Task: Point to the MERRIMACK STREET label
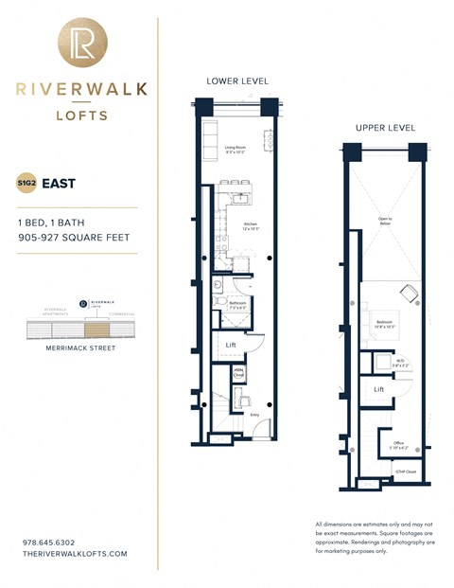[80, 348]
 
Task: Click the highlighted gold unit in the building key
[96, 330]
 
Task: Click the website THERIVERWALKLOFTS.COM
[74, 553]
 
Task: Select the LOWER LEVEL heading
[236, 80]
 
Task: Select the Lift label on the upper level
[378, 389]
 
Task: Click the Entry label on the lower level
[254, 414]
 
